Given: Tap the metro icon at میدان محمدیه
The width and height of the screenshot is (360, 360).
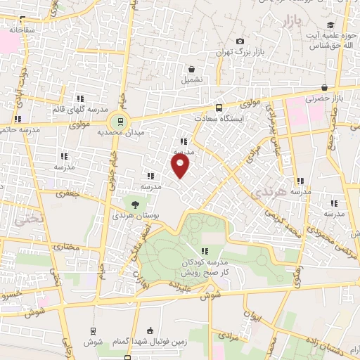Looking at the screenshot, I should pos(121,120).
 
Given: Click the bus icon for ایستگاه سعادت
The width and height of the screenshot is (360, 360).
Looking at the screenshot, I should pos(219,108).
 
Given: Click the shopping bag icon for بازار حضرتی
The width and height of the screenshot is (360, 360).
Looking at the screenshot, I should pos(324,87).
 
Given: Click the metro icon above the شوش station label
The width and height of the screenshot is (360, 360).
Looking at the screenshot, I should pos(93,330).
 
